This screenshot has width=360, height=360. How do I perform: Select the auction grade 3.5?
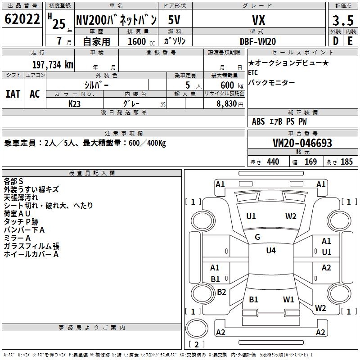pyautogui.click(x=342, y=20)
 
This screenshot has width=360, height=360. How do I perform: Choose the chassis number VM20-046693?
pyautogui.click(x=302, y=143)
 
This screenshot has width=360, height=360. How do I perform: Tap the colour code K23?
pyautogui.click(x=75, y=103)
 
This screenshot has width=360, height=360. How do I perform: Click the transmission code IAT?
pyautogui.click(x=13, y=94)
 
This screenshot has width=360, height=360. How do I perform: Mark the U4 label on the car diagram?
pyautogui.click(x=270, y=251)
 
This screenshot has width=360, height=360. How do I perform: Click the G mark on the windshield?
pyautogui.click(x=257, y=237)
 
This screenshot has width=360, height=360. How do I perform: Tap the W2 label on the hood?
pyautogui.click(x=291, y=216)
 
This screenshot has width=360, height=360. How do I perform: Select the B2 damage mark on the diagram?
pyautogui.click(x=221, y=292)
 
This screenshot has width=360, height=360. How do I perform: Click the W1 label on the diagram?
pyautogui.click(x=288, y=299)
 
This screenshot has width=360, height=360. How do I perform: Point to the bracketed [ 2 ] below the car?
pyautogui.click(x=197, y=344)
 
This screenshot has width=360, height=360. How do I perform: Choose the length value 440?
pyautogui.click(x=273, y=162)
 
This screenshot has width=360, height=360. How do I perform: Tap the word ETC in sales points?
pyautogui.click(x=254, y=72)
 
